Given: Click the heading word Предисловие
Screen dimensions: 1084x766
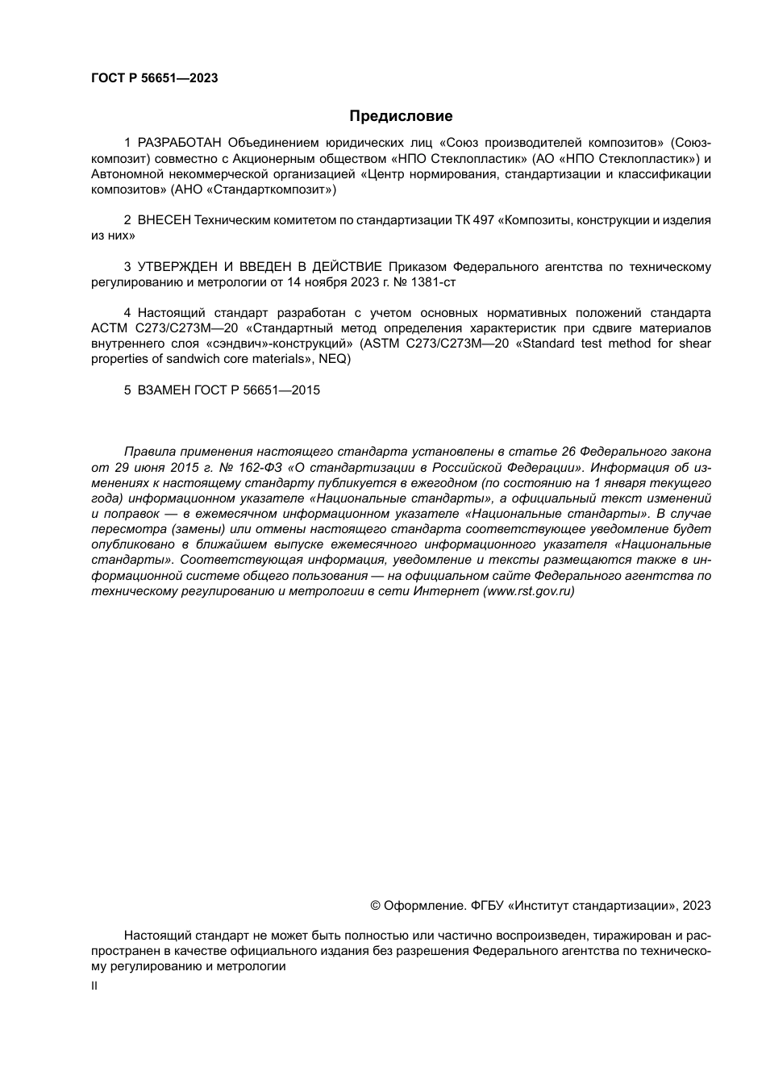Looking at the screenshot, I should click(x=401, y=116).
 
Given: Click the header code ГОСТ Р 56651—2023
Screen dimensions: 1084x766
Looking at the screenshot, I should click(x=155, y=78).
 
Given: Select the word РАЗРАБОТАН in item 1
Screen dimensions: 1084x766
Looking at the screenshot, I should click(x=181, y=144).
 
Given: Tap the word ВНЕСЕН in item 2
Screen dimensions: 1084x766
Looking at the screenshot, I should click(x=164, y=220).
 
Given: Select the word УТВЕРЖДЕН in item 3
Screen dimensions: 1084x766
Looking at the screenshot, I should click(x=176, y=267).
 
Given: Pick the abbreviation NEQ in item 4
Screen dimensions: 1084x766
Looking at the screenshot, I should click(x=333, y=359).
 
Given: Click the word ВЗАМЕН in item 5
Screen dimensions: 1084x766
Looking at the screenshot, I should click(x=164, y=390).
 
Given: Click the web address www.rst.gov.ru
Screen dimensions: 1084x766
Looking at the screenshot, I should click(x=528, y=591).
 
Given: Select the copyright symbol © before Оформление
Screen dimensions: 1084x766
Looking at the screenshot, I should click(x=375, y=906).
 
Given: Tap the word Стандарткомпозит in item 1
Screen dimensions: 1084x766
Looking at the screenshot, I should click(x=279, y=190).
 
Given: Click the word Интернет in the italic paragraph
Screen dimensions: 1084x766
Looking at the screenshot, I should click(x=446, y=591).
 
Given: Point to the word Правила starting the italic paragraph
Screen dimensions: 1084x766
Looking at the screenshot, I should click(x=148, y=452).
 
